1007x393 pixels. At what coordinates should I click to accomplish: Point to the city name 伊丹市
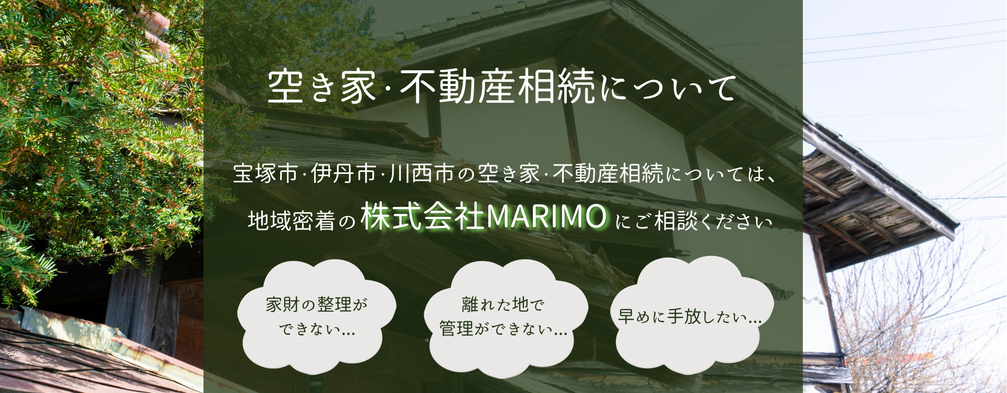(x=344, y=174)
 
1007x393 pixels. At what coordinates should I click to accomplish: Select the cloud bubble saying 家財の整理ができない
(x=313, y=317)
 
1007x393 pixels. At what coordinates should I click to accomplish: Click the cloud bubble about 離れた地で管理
(x=502, y=317)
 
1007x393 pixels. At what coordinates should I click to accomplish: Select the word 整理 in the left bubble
(x=334, y=304)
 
